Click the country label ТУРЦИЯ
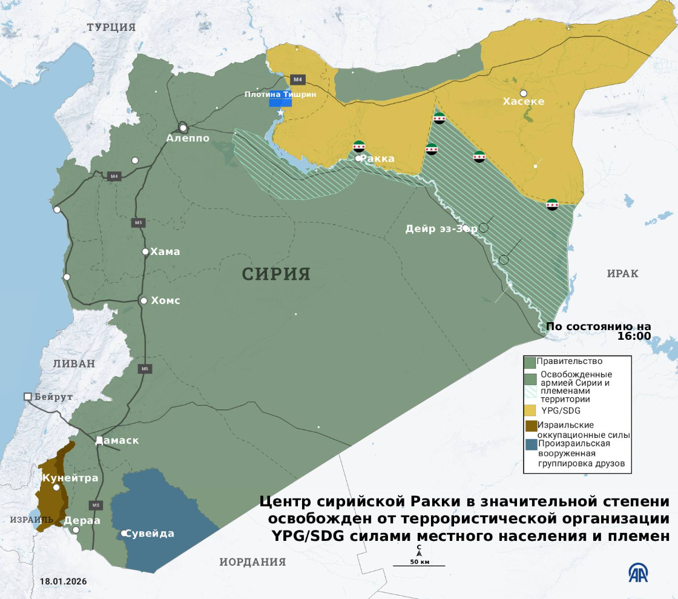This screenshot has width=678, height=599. [111, 27]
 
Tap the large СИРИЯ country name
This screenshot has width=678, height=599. [276, 274]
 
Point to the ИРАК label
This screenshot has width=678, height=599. [622, 274]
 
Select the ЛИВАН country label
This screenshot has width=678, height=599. [74, 363]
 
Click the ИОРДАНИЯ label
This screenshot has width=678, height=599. [252, 561]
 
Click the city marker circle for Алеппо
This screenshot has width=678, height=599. [183, 128]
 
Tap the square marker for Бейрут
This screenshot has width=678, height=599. [28, 397]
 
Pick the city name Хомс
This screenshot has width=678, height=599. [165, 300]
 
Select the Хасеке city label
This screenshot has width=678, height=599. [524, 101]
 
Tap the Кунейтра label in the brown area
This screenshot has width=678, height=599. [70, 478]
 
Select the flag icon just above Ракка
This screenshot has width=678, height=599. [359, 146]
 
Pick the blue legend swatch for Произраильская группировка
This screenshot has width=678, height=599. [531, 445]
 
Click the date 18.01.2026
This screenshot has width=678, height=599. [64, 581]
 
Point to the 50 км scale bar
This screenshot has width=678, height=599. [419, 565]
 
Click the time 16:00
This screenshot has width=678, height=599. [634, 336]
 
